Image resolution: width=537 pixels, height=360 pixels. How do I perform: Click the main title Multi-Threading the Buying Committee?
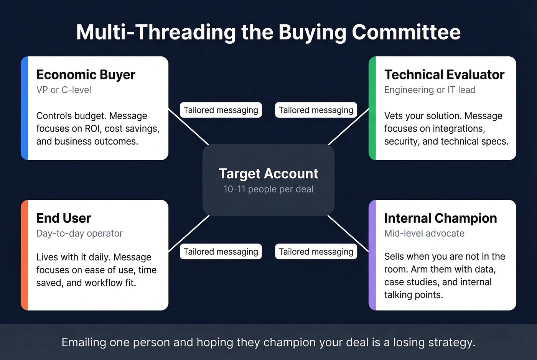268,32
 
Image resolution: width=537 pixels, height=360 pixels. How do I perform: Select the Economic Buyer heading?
86,74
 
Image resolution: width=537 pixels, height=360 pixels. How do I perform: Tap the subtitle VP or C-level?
64,90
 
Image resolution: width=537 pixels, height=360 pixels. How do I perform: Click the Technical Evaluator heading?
444,74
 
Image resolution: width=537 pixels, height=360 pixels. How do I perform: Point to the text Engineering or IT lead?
430,90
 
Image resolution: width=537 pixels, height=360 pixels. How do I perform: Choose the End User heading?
64,218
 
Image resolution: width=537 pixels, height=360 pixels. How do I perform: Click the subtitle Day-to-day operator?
79,233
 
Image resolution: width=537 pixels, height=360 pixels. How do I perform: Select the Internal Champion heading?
440,218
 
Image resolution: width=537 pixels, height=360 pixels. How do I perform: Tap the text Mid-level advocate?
424,233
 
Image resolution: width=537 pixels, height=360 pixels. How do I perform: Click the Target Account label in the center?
268,174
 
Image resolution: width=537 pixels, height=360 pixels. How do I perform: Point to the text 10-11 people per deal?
268,189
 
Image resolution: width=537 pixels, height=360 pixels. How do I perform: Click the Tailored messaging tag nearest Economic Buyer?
221,110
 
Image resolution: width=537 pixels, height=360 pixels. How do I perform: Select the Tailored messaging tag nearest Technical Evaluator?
316,110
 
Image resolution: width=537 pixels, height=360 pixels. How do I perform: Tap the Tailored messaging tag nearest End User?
221,252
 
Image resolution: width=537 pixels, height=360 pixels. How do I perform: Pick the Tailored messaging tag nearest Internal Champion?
316,252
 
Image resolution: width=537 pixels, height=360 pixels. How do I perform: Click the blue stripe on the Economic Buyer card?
25,108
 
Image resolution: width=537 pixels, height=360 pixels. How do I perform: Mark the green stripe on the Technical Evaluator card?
372,108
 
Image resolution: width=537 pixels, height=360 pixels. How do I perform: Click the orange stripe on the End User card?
25,255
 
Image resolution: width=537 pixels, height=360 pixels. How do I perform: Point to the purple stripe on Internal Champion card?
372,255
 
